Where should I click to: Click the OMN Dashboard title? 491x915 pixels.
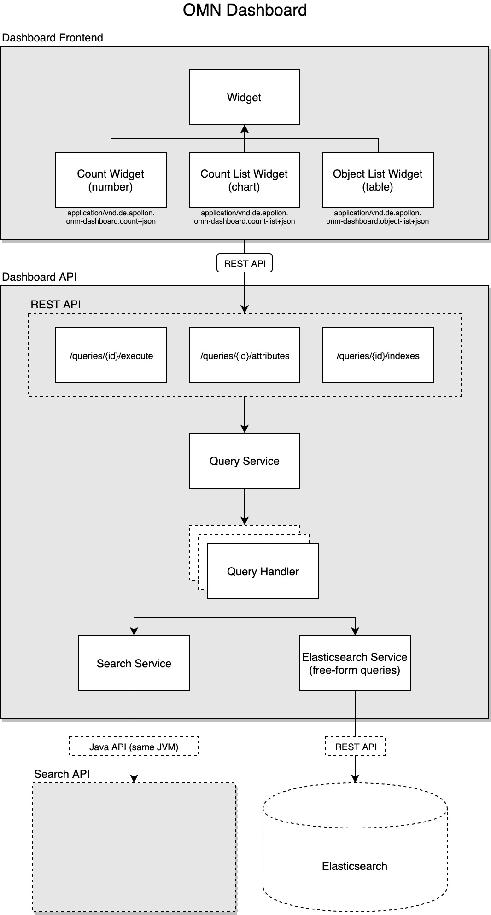(245, 10)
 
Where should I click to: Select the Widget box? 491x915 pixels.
(244, 97)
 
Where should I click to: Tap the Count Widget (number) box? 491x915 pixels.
(111, 180)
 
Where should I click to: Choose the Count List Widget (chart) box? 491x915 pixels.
(244, 180)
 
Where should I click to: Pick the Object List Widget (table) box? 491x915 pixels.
(378, 180)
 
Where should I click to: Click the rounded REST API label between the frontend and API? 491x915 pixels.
(245, 263)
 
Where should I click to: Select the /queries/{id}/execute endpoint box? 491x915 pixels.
(111, 355)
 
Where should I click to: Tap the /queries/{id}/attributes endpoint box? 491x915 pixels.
(244, 355)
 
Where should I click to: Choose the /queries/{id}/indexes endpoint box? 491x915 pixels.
(378, 355)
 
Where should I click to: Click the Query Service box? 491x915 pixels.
(244, 461)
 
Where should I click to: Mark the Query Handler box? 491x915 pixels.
(263, 571)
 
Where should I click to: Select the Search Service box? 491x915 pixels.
(134, 663)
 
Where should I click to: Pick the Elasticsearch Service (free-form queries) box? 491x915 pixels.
(355, 663)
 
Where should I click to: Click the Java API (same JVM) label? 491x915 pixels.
(134, 747)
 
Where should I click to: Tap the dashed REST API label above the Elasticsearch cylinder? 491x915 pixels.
(355, 747)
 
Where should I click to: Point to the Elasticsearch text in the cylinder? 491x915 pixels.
(354, 866)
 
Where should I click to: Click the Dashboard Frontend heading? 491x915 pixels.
(52, 38)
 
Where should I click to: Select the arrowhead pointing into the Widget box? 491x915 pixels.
(245, 129)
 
